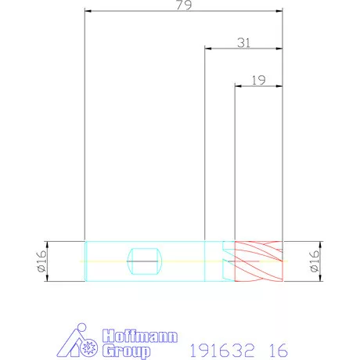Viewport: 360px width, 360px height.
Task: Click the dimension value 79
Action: pos(184,5)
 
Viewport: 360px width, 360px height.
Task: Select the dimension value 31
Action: pos(244,42)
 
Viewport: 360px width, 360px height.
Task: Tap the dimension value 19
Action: pos(258,80)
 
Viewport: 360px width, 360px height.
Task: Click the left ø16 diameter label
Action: pos(42,261)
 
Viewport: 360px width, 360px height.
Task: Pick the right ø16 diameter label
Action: pos(315,261)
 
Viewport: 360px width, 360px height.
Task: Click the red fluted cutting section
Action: pos(258,261)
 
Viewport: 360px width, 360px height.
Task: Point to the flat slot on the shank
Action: pos(145,261)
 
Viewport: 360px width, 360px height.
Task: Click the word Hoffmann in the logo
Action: pos(140,336)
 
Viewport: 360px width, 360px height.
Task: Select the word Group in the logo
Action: pos(126,351)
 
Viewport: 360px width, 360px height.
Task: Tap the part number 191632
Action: pos(221,351)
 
